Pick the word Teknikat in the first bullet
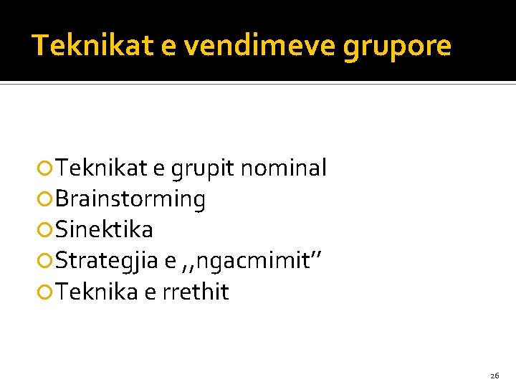tap(101, 168)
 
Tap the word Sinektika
tap(104, 230)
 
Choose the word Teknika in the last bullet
tap(97, 292)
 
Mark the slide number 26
tap(494, 376)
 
